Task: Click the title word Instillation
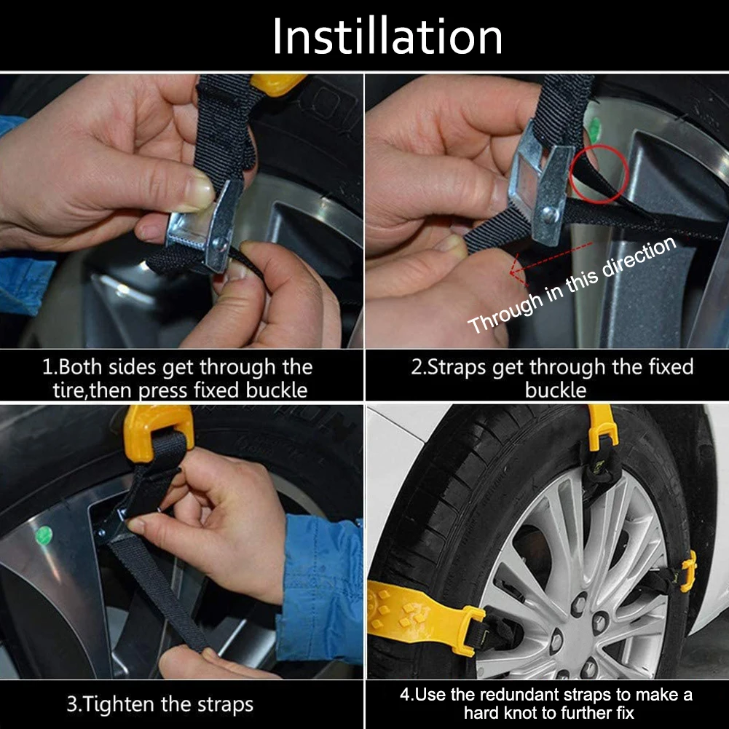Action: pos(387,36)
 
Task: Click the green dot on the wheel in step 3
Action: pos(44,535)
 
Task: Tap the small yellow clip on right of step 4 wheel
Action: pos(688,570)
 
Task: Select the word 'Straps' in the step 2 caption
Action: pos(457,367)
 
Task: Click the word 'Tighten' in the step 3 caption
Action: pos(122,704)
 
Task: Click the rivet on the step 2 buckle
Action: pos(550,214)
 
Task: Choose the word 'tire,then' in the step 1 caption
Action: pos(96,390)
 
